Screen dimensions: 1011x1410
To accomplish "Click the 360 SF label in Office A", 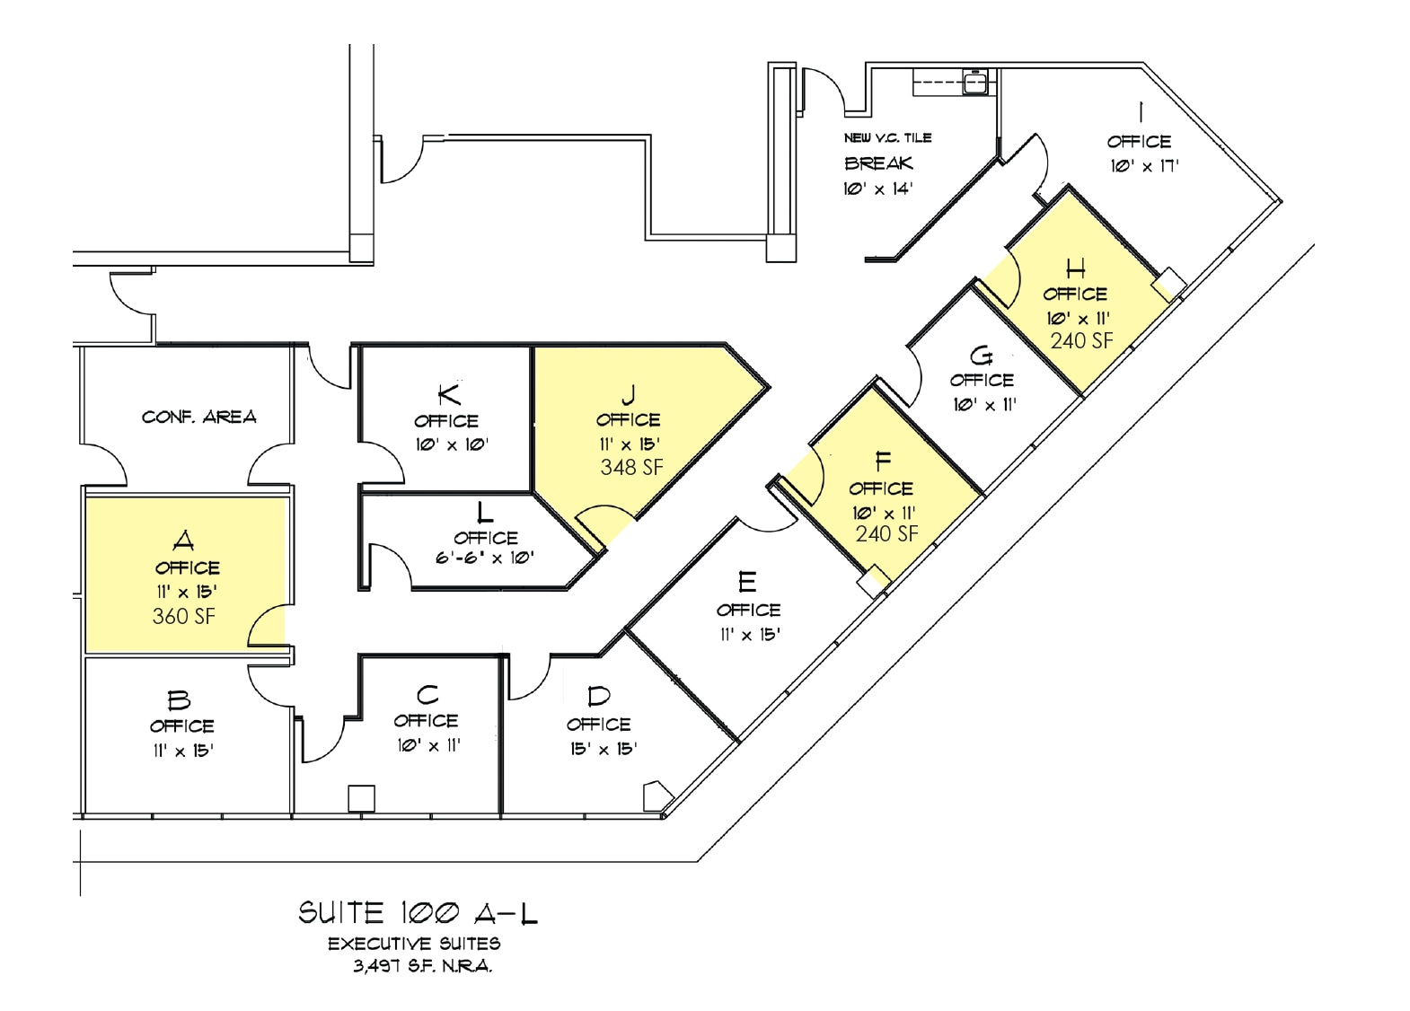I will coord(184,616).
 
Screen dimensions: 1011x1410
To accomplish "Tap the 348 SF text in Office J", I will coord(631,467).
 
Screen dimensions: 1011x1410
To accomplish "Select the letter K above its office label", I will coord(449,393).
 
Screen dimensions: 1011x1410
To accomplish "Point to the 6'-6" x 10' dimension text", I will coord(485,558).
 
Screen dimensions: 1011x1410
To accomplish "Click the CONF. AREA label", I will coord(198,417).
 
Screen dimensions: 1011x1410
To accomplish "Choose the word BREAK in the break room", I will coord(878,163).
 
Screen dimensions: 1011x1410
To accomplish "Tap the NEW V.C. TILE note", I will coord(887,137).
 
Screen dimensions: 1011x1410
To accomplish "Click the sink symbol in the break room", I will coord(975,83).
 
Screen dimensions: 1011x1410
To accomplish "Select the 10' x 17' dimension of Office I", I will coord(1144,166).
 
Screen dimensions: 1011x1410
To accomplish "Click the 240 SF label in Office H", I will coord(1081,341).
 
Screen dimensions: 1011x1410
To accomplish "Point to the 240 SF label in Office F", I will coord(886,534).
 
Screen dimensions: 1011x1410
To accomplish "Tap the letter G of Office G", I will coord(982,356).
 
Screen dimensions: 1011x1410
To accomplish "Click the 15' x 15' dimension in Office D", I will coord(603,749).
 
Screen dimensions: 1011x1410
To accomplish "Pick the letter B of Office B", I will coord(180,700).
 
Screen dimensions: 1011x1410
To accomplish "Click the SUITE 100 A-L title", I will coord(418,914).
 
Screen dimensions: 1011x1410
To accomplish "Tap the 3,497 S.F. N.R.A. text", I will coord(422,967).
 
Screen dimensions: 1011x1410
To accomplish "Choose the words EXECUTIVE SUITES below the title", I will coord(414,944).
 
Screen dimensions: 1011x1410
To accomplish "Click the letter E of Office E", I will coord(747,583).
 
